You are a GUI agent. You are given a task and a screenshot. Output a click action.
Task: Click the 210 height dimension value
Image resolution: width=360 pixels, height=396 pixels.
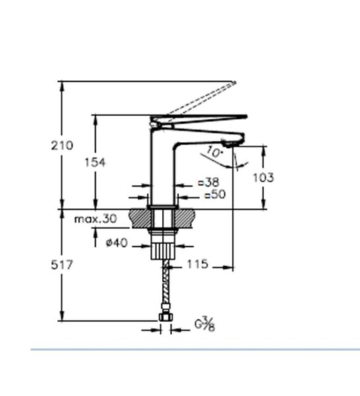point(62,146)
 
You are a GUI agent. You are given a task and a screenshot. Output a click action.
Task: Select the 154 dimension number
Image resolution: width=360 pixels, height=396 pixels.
point(96,162)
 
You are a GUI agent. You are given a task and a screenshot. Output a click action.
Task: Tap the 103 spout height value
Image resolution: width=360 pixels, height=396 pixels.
point(264,178)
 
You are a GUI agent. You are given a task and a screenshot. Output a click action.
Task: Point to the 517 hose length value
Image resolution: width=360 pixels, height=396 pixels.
point(62,265)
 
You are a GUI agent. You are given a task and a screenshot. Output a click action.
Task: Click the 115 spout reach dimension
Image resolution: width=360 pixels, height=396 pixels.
point(198,265)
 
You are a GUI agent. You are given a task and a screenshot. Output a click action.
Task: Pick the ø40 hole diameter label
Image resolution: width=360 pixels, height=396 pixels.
point(116,243)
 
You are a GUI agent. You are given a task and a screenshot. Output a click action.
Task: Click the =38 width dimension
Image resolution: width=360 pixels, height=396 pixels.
point(210,182)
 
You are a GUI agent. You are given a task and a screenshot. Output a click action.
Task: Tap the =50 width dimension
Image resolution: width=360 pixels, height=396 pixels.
point(214,195)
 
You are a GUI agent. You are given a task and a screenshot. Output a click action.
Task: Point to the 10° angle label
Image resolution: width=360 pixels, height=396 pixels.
point(215,152)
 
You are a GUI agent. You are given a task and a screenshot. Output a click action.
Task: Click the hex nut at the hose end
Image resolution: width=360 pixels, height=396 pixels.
point(165,319)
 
